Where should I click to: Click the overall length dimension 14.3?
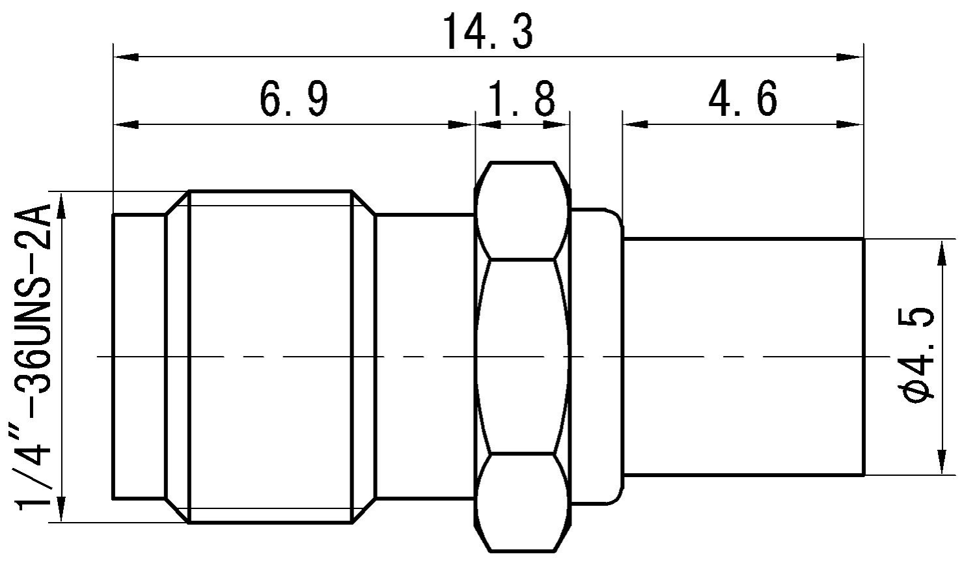pos(487,33)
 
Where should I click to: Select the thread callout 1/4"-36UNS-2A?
pos(35,357)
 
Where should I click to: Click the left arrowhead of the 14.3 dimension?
pos(126,57)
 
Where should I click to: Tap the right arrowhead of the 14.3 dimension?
pos(850,57)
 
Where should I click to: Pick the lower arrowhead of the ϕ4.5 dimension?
pos(942,462)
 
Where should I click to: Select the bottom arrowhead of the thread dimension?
pos(62,509)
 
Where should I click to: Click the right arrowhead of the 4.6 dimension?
pos(850,124)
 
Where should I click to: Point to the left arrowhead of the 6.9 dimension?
pos(126,124)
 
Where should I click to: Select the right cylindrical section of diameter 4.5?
pos(743,357)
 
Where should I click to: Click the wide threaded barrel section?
pos(270,357)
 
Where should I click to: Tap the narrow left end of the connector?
pos(139,357)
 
